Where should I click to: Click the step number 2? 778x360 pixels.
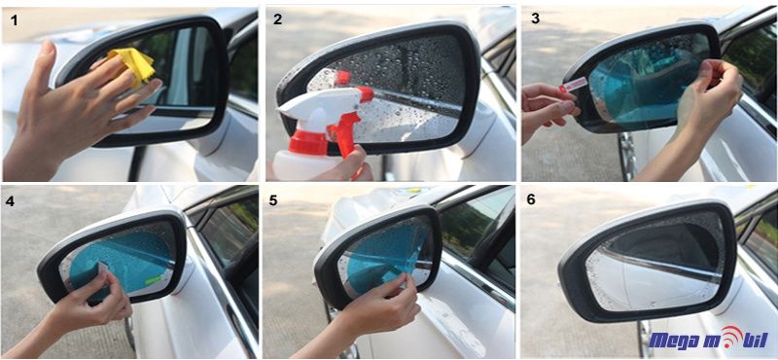[277, 18]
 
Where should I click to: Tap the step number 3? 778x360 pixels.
[535, 18]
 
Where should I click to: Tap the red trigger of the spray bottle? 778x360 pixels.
[347, 130]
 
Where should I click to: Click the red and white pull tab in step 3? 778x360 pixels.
[573, 85]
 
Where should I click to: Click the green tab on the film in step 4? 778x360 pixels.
[152, 278]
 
